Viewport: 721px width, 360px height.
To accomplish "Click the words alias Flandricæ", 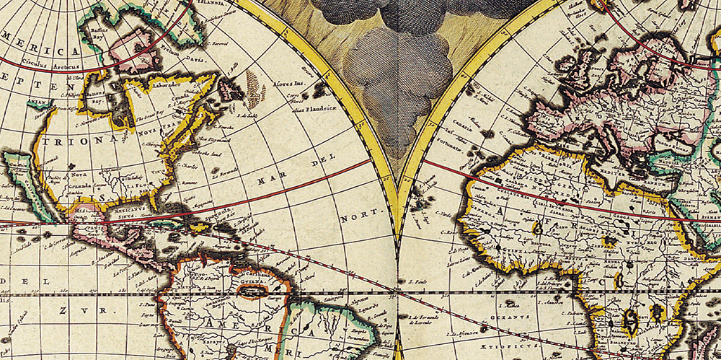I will pos(296,110).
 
